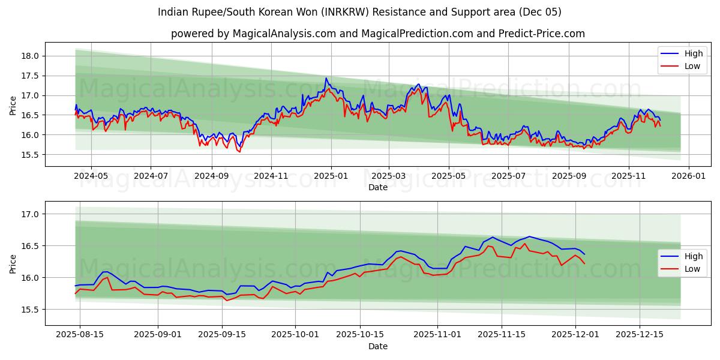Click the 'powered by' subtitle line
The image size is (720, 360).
[377, 34]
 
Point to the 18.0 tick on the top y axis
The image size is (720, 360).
[31, 56]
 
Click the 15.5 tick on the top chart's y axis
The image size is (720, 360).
[31, 155]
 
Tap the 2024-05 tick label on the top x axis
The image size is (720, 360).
[91, 176]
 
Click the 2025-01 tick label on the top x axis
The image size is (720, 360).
[330, 176]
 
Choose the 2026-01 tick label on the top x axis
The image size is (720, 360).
[688, 176]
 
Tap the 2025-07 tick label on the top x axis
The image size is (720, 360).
[508, 176]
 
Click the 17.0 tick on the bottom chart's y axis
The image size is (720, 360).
[31, 214]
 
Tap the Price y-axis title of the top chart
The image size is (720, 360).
[13, 104]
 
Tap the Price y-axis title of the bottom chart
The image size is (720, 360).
[13, 263]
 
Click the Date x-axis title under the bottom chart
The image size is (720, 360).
[377, 346]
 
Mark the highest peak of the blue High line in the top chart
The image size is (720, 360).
[326, 78]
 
